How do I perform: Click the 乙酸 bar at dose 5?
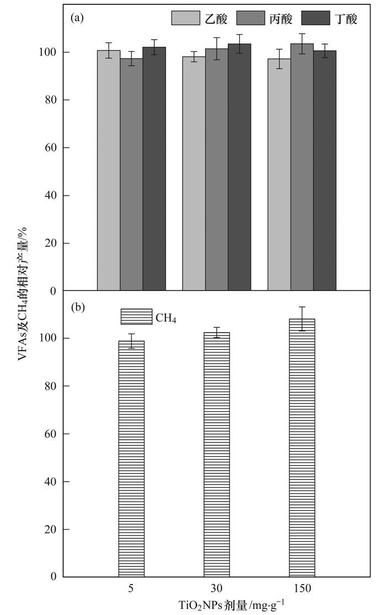(x=109, y=170)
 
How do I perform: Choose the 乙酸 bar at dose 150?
(x=279, y=174)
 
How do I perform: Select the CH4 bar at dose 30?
(x=217, y=454)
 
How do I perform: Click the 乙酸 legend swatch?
(x=186, y=18)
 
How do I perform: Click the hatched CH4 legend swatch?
(x=137, y=317)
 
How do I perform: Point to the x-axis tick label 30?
(x=217, y=589)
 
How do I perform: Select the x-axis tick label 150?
(x=302, y=589)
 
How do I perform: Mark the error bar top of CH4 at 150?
(x=302, y=307)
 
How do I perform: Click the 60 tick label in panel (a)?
(x=51, y=148)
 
